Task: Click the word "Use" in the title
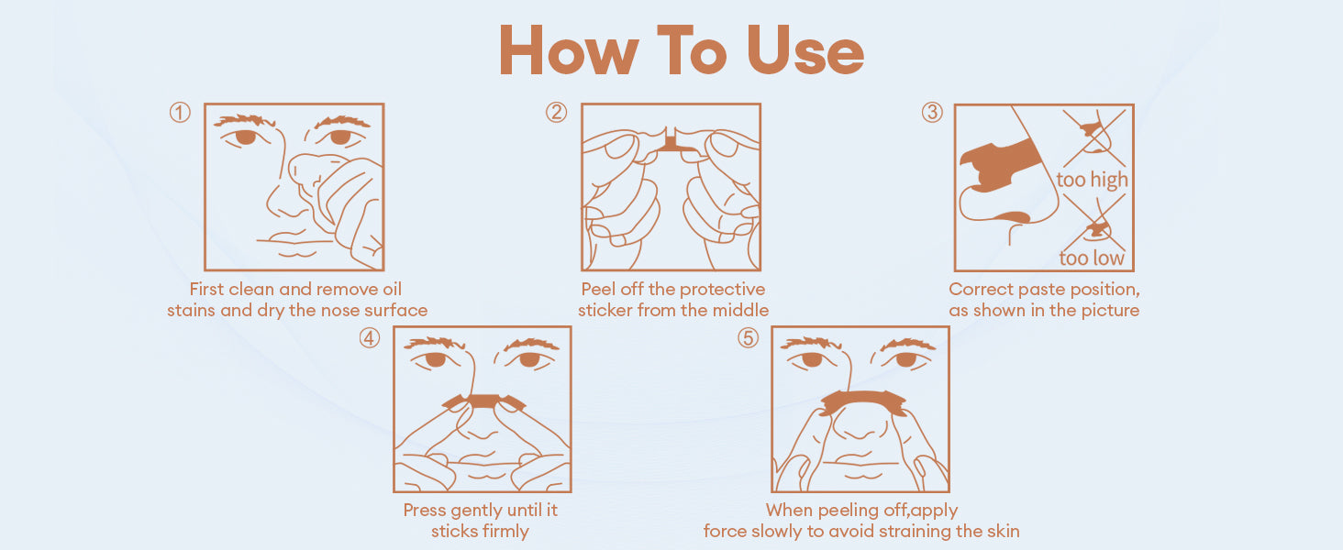805,50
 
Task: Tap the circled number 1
180,112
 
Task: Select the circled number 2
557,112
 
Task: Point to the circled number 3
932,112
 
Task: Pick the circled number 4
370,338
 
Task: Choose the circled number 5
748,338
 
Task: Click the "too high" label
1092,180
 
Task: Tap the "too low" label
1092,258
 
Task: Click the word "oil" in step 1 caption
392,289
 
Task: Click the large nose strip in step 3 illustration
1000,164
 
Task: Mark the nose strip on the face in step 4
483,401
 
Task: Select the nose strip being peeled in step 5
862,401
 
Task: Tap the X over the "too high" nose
1094,137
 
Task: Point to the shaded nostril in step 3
1013,216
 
